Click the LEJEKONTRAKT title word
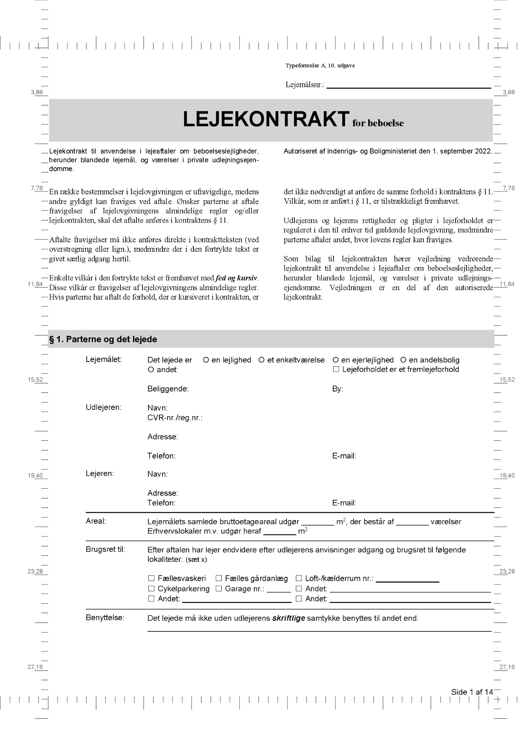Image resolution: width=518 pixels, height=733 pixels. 266,119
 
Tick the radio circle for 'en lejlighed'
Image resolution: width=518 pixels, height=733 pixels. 206,360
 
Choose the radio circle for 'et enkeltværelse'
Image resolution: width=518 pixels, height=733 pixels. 261,360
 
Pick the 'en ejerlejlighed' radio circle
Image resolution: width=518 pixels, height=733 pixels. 336,360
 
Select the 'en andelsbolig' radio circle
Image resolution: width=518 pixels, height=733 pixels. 403,360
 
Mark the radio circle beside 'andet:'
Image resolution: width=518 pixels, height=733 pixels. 151,369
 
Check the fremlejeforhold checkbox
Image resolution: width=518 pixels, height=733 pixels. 336,369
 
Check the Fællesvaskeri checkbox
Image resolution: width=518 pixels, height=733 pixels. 151,578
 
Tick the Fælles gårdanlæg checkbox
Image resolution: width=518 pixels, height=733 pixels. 219,578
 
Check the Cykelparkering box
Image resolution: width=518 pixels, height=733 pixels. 151,589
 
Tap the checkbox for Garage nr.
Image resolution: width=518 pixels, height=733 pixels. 219,589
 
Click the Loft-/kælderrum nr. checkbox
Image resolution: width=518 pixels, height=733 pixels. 299,578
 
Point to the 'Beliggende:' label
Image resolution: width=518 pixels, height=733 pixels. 168,389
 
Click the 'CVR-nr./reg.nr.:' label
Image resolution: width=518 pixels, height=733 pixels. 175,418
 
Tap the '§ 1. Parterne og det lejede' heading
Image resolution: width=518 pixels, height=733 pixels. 103,340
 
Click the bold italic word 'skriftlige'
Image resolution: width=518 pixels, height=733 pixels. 288,618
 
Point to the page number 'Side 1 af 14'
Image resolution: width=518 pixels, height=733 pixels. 472,692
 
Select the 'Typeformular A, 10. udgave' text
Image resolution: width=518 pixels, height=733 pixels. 320,66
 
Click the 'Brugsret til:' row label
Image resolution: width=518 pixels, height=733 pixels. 106,549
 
